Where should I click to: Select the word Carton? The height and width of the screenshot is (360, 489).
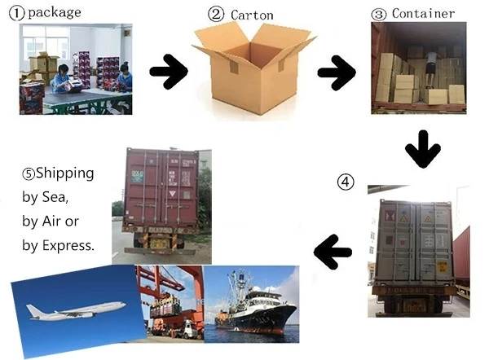(x=253, y=14)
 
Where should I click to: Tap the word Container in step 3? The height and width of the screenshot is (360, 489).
(x=424, y=13)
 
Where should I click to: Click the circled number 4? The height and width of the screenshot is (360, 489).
(x=346, y=182)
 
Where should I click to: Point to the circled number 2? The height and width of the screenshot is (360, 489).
(x=216, y=14)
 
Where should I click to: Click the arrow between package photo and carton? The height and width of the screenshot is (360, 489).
(x=169, y=72)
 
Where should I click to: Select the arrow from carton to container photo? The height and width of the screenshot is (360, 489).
(x=337, y=72)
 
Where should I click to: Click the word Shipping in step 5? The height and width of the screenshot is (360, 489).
(x=64, y=173)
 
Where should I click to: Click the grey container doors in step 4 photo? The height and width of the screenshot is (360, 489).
(x=411, y=240)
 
